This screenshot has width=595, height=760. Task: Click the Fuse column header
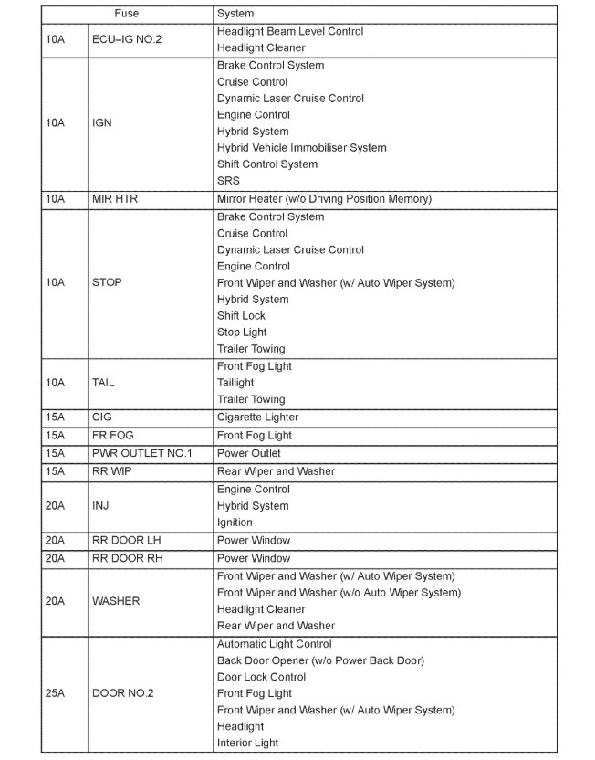(x=127, y=15)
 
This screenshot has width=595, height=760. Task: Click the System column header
(x=235, y=15)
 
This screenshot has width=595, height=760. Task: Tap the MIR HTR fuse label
(x=115, y=199)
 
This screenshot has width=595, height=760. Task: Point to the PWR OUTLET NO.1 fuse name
(x=142, y=454)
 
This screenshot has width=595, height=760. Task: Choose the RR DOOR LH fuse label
(x=126, y=541)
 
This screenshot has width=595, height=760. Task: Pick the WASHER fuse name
(x=116, y=602)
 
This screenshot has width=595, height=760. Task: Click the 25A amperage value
(x=56, y=694)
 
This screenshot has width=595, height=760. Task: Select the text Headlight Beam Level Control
(x=290, y=32)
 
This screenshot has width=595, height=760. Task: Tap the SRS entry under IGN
(x=228, y=181)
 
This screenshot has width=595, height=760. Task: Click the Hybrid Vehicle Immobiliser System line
(x=302, y=148)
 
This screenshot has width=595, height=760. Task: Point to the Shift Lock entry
(x=241, y=316)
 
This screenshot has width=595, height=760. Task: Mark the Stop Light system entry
(x=242, y=332)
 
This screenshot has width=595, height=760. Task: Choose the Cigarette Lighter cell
(x=258, y=417)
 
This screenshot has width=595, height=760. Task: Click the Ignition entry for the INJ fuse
(x=235, y=522)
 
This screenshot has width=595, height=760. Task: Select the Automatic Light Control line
(x=275, y=645)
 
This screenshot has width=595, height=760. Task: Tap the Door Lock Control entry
(x=261, y=678)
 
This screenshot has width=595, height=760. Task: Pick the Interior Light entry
(x=247, y=744)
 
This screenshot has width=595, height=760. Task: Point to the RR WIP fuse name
(x=111, y=472)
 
